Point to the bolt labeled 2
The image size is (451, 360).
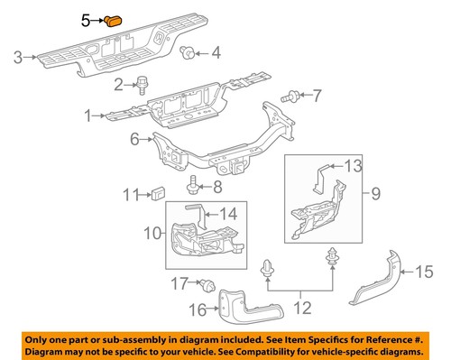click(x=143, y=85)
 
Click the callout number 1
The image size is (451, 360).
click(x=88, y=115)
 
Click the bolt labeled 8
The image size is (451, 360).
click(x=194, y=187)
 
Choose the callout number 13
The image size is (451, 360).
click(x=353, y=164)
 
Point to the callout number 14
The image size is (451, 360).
click(x=232, y=214)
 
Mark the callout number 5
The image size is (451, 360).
click(x=87, y=19)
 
